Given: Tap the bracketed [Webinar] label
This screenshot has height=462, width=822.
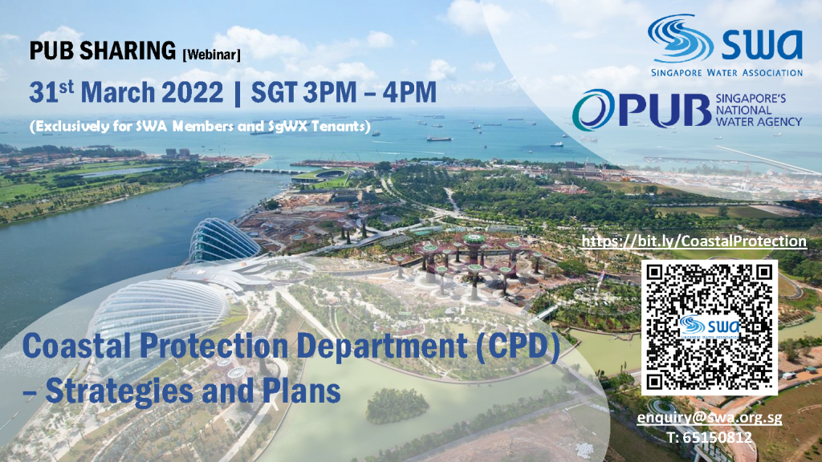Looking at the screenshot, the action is tap(211, 55).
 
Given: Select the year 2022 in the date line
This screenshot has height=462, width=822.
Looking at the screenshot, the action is tap(193, 93).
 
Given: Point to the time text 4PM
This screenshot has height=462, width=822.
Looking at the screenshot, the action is tap(409, 93).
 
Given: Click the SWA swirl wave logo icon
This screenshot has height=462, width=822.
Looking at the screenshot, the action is tap(680, 38).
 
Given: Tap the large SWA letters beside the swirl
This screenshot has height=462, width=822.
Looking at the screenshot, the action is tap(762, 44).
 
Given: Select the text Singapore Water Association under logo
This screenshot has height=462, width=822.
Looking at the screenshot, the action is tap(726, 73).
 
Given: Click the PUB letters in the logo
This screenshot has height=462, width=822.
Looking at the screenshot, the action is tap(664, 110).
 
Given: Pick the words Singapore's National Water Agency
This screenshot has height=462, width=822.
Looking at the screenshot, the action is tap(759, 111).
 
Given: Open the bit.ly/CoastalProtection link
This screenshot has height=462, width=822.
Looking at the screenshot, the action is tap(694, 241).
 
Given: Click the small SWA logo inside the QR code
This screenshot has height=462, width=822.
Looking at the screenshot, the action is tap(710, 328).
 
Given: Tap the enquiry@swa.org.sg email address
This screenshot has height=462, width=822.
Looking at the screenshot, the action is tap(710, 418).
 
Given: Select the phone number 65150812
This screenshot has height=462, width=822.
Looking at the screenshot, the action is tap(709, 437).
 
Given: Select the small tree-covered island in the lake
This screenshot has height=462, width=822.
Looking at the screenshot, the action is tap(397, 405).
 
